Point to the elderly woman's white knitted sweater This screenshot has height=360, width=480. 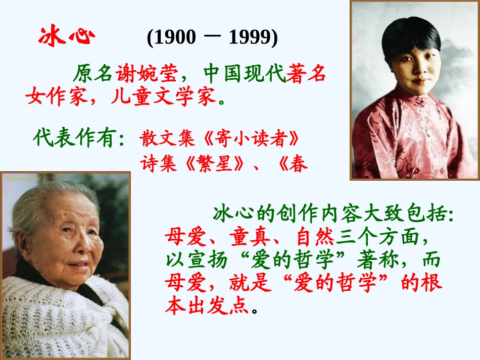pyautogui.click(x=66, y=318)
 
